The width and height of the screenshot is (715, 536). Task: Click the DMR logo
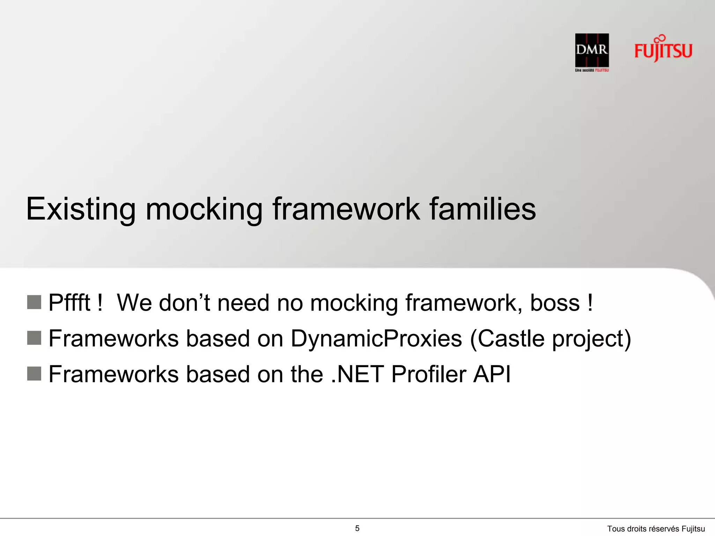click(x=592, y=50)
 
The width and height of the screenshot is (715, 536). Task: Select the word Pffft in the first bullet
click(x=69, y=303)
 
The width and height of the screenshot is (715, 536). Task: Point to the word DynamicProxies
click(x=376, y=338)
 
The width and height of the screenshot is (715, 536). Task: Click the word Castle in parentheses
click(x=510, y=338)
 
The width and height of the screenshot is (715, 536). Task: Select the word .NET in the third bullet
click(x=357, y=374)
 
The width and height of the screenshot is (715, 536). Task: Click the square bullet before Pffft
click(x=34, y=302)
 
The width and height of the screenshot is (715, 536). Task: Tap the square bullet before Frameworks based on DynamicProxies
click(x=34, y=338)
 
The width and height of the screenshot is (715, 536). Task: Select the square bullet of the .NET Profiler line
click(x=34, y=374)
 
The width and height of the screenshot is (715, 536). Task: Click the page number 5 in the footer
click(x=357, y=528)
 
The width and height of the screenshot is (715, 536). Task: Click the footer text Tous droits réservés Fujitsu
click(x=656, y=529)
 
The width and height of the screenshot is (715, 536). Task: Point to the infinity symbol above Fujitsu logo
click(x=659, y=38)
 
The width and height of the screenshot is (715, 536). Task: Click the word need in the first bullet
click(x=243, y=303)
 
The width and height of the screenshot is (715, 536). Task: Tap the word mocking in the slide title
click(x=204, y=209)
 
